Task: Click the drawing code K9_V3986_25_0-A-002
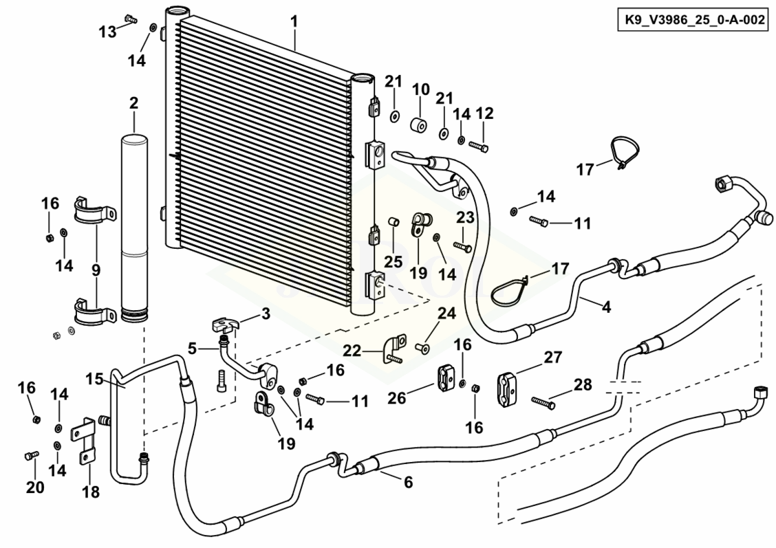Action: click(693, 21)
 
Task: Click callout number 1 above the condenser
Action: click(294, 21)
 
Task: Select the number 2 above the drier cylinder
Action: click(133, 103)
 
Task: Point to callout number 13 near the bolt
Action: click(108, 31)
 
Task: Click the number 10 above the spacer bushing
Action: click(421, 90)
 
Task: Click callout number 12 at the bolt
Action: click(485, 113)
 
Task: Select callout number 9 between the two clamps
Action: click(96, 270)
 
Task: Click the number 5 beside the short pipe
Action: click(193, 349)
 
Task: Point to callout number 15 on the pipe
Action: click(94, 378)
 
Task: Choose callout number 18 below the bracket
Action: click(91, 492)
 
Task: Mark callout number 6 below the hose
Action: click(408, 483)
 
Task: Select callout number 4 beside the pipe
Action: click(605, 307)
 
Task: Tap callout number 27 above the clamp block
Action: click(552, 358)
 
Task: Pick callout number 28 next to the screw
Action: click(583, 384)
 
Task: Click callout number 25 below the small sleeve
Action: click(393, 262)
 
